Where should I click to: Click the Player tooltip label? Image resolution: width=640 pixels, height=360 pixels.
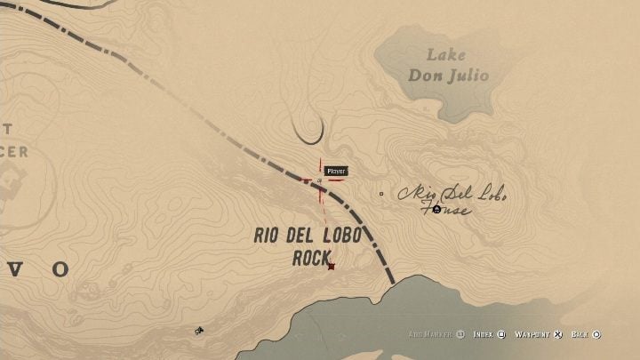point(335,171)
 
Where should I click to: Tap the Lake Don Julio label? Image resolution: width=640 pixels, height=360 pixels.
point(448,66)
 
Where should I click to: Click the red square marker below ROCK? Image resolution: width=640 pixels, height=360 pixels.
point(331,266)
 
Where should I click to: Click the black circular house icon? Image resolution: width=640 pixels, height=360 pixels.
point(436,209)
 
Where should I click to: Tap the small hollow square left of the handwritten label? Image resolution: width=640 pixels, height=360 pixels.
point(381,193)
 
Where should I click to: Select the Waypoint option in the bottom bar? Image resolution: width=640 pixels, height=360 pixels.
point(534,334)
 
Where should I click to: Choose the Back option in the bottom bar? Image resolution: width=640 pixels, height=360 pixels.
point(581,334)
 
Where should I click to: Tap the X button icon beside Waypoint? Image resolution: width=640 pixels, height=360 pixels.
point(558,334)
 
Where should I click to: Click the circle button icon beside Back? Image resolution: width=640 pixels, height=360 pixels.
point(596,334)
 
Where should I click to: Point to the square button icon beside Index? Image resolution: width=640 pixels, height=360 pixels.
point(501,334)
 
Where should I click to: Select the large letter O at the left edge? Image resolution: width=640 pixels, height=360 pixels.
point(60,268)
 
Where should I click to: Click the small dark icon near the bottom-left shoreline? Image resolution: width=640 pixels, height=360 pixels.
point(200,332)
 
